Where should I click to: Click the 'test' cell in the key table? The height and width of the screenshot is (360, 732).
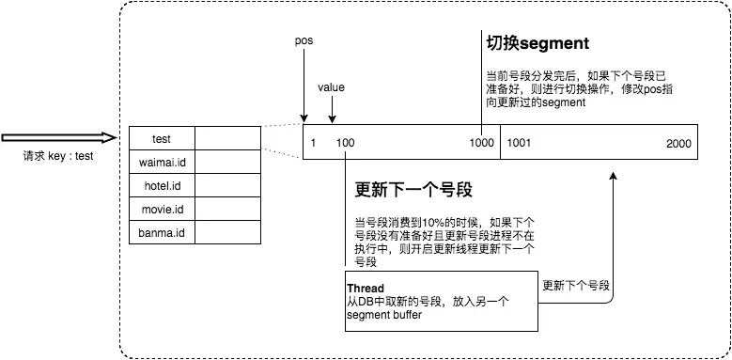[x=161, y=139]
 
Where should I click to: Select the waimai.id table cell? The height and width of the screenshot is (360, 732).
[x=161, y=162]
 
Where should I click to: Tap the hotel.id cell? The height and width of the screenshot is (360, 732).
[x=161, y=185]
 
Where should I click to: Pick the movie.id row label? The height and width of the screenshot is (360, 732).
[x=161, y=209]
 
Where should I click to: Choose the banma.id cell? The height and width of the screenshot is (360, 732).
[x=161, y=232]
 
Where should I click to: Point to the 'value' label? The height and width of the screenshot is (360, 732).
[x=331, y=87]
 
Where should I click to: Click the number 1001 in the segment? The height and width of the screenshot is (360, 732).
[x=521, y=143]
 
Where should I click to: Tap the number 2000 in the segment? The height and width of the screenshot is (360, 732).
[x=677, y=143]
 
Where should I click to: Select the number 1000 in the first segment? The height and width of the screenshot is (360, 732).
[x=482, y=143]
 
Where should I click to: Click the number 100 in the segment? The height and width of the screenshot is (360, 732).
[x=345, y=143]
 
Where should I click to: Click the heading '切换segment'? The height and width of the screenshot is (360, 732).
[x=537, y=44]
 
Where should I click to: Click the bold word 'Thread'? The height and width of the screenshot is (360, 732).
[x=366, y=288]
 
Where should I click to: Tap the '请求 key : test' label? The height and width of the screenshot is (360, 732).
[x=58, y=157]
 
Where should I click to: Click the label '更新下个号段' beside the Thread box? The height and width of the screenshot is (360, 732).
[x=576, y=285]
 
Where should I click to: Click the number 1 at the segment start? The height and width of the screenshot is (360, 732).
[x=313, y=143]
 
